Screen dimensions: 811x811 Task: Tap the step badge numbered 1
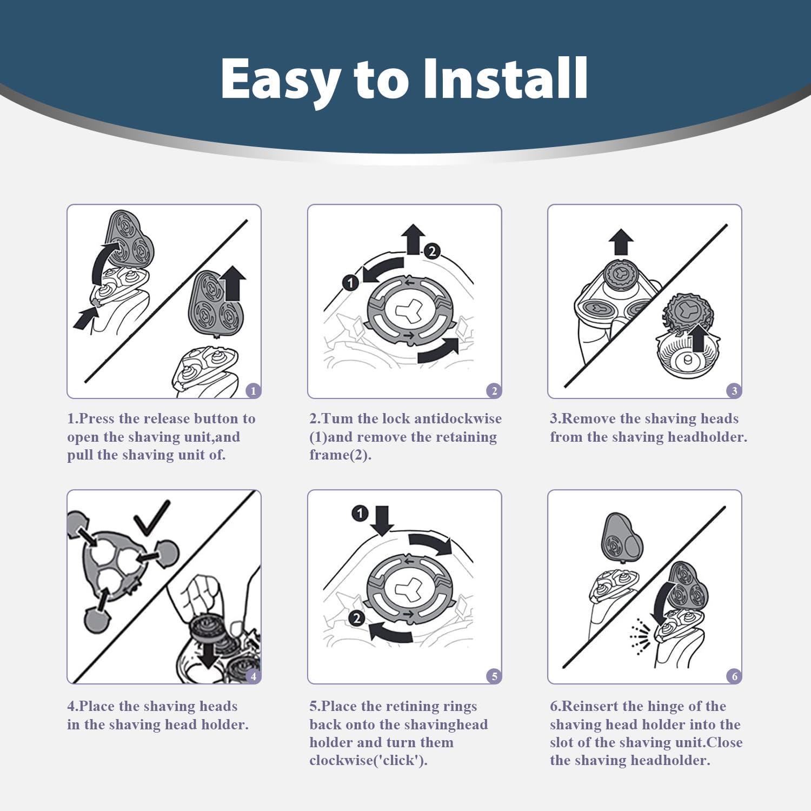coord(254,390)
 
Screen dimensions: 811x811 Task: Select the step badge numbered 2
coord(494,390)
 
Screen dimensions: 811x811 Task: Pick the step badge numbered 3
coord(734,390)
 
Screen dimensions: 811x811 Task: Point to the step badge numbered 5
coord(494,676)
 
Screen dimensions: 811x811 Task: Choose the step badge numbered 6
coord(734,676)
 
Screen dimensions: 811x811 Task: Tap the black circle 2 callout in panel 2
coord(431,251)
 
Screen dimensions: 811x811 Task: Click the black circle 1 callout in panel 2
coord(350,282)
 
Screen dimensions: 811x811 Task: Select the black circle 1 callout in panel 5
coord(360,513)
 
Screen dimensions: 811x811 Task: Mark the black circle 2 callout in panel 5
coord(356,618)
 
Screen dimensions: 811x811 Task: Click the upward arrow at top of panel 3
coord(621,242)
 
